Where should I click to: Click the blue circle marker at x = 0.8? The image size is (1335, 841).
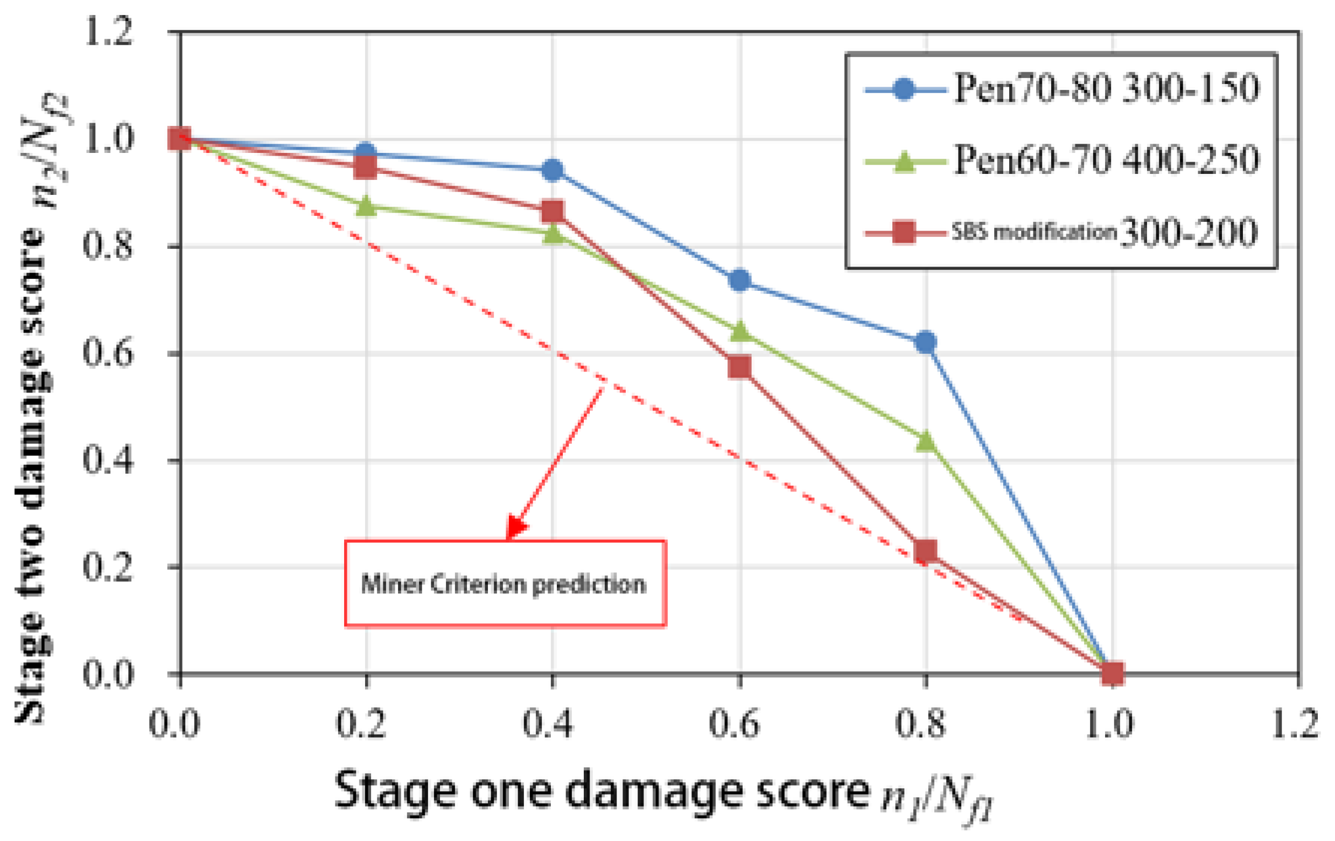925,342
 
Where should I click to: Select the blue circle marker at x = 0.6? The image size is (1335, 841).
739,280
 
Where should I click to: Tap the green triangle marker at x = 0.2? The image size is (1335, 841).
365,206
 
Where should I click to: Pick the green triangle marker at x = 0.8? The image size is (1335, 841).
925,441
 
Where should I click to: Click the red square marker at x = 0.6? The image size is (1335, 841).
739,367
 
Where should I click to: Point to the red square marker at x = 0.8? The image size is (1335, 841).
925,550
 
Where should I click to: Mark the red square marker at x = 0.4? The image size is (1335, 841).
552,211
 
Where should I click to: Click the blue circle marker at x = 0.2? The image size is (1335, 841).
365,152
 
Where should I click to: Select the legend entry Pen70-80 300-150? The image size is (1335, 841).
1061,88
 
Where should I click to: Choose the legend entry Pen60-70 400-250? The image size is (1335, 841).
1061,160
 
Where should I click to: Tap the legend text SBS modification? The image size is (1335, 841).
1033,232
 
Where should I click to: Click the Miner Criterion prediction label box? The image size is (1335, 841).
505,583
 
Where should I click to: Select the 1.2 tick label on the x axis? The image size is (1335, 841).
1295,723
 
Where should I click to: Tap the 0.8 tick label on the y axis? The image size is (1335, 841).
108,246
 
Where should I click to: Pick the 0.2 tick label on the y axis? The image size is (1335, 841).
108,567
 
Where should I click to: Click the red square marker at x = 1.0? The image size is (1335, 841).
1112,673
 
